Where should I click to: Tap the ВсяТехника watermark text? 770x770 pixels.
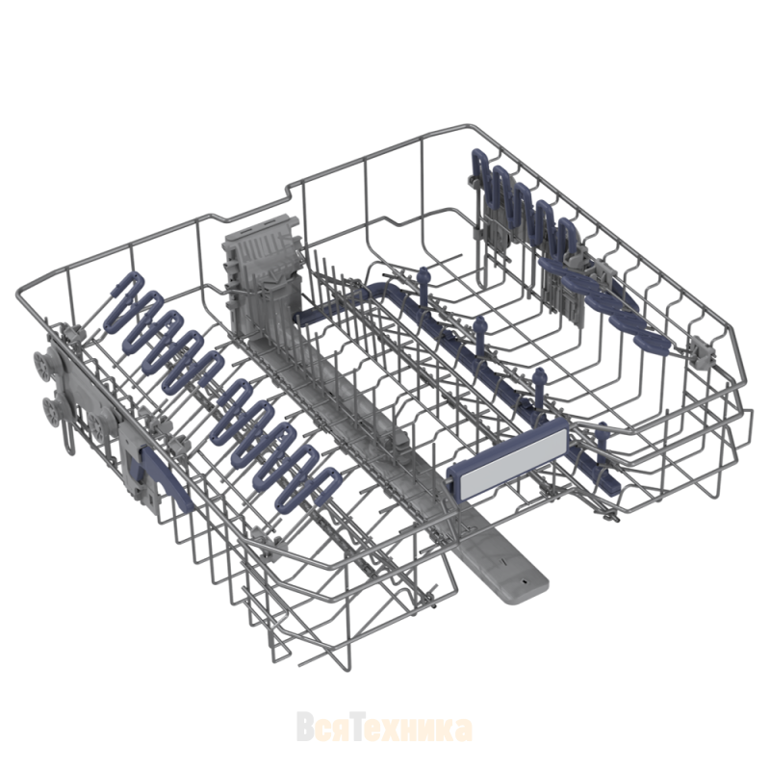click(384, 729)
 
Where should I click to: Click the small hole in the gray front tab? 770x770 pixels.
click(524, 580)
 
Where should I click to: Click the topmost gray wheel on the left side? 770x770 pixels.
click(42, 366)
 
